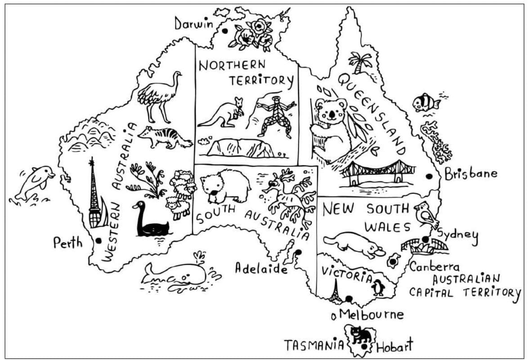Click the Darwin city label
(x=194, y=23)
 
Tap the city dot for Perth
(x=98, y=241)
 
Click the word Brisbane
(x=471, y=174)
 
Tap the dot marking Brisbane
(x=429, y=176)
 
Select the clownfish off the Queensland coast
(x=425, y=103)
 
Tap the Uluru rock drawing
(x=240, y=147)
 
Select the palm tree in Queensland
(x=360, y=62)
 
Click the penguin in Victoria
(x=379, y=287)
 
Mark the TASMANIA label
(x=313, y=346)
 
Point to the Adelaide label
(x=261, y=269)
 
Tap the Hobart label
(x=394, y=346)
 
